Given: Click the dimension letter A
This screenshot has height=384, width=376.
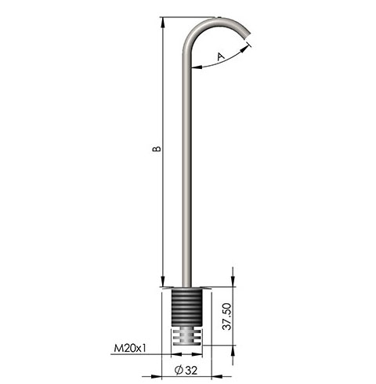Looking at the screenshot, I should [221, 56].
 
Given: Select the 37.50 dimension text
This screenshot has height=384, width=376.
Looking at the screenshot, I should [226, 317].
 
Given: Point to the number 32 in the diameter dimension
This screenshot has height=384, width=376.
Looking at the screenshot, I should [193, 369].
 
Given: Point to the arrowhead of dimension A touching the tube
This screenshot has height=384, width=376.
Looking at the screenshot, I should [194, 68].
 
